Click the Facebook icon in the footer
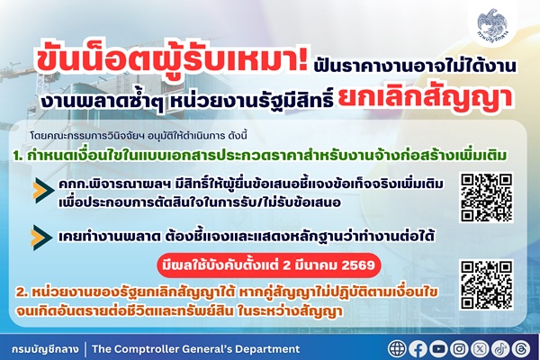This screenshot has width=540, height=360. click(418, 348)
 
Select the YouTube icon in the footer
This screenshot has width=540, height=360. click(439, 348)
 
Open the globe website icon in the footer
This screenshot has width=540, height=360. click(398, 348)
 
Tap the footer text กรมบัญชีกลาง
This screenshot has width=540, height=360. click(43, 348)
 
